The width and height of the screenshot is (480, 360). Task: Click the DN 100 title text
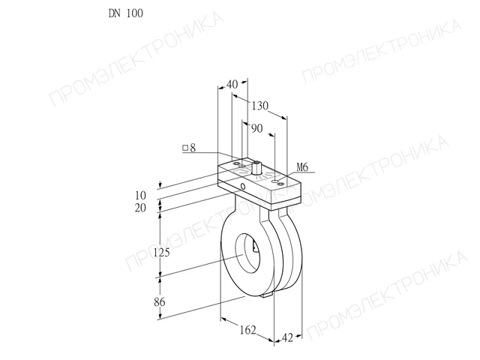pyautogui.click(x=126, y=13)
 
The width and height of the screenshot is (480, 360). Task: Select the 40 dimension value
pyautogui.click(x=232, y=84)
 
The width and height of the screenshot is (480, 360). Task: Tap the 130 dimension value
pyautogui.click(x=260, y=106)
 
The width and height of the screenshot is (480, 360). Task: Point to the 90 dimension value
pyautogui.click(x=256, y=128)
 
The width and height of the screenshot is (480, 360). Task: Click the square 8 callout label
pyautogui.click(x=189, y=148)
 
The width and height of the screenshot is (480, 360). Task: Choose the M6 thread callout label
pyautogui.click(x=302, y=167)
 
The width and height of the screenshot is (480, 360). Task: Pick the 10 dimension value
pyautogui.click(x=140, y=195)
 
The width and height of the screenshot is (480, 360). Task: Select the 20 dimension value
pyautogui.click(x=140, y=208)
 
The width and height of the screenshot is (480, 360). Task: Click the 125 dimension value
pyautogui.click(x=161, y=253)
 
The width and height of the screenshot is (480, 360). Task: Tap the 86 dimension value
pyautogui.click(x=160, y=302)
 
